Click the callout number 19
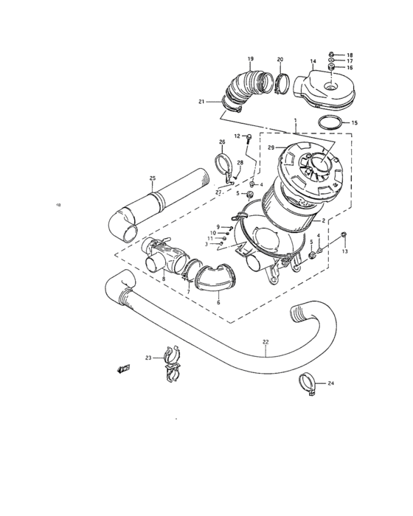pos(250,58)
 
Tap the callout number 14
pos(313,61)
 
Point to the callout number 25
pos(152,178)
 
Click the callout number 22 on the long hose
pos(265,341)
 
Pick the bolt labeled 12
pos(251,138)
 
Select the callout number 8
pos(164,279)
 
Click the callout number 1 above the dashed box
pos(295,120)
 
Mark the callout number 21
pos(201,102)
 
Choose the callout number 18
pos(350,55)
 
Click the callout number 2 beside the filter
pos(322,220)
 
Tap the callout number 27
pos(218,192)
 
